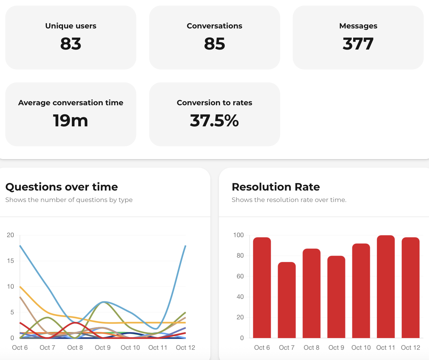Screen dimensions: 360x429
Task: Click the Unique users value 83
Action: pyautogui.click(x=71, y=44)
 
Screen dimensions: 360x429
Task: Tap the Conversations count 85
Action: pyautogui.click(x=215, y=44)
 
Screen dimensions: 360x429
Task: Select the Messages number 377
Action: pyautogui.click(x=358, y=44)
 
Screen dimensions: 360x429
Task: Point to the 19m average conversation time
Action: pyautogui.click(x=71, y=120)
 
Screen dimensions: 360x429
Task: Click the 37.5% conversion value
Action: pyautogui.click(x=215, y=120)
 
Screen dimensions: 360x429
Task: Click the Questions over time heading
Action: pyautogui.click(x=62, y=187)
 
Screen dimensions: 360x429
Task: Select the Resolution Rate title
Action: pyautogui.click(x=276, y=187)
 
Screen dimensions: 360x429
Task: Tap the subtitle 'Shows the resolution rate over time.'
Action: pyautogui.click(x=289, y=200)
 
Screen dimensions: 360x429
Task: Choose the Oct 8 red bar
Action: pyautogui.click(x=311, y=293)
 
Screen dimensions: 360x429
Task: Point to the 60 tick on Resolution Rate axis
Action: pyautogui.click(x=240, y=276)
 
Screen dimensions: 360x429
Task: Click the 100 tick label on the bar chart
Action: pyautogui.click(x=239, y=235)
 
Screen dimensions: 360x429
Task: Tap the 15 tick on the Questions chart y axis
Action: pyautogui.click(x=11, y=261)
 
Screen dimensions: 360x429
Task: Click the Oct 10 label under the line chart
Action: pyautogui.click(x=130, y=348)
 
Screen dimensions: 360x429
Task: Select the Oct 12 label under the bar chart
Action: pyautogui.click(x=410, y=348)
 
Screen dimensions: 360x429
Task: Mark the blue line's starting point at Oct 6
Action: pyautogui.click(x=20, y=246)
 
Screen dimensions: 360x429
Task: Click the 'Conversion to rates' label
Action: pyautogui.click(x=215, y=103)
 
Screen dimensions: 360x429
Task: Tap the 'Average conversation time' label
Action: pyautogui.click(x=71, y=103)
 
